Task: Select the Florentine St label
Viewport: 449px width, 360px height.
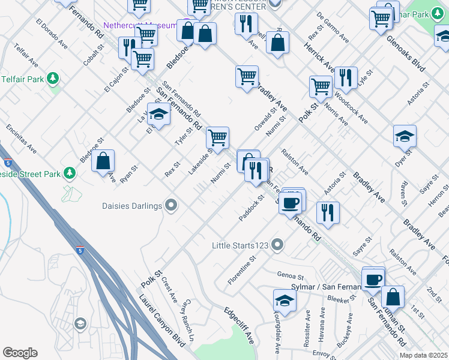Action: tap(242, 269)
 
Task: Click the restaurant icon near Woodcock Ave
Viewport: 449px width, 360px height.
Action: tap(345, 77)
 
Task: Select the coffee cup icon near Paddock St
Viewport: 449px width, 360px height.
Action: tap(291, 202)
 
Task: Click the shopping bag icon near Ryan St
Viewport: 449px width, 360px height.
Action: tap(103, 161)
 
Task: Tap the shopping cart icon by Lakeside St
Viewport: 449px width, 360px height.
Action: tap(217, 137)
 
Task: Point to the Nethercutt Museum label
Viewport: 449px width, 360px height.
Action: tap(139, 25)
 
